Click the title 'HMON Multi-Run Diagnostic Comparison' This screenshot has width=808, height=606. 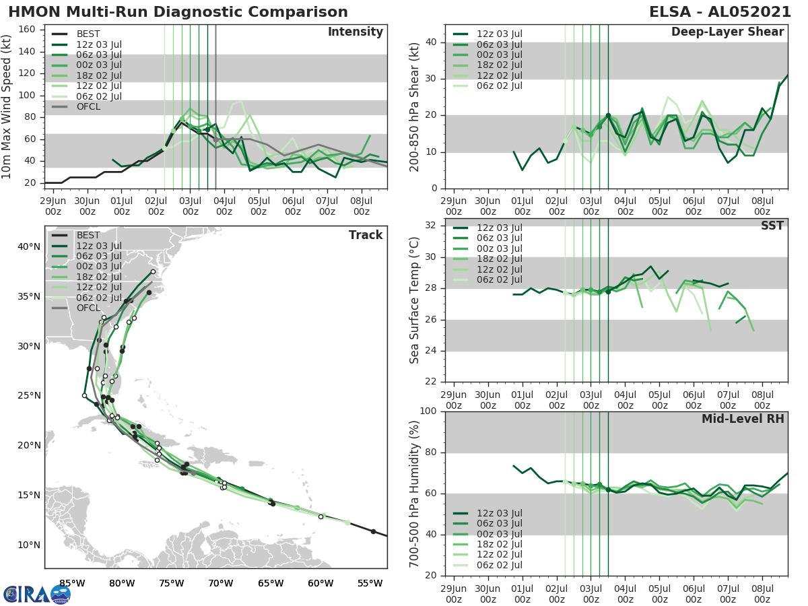(x=178, y=12)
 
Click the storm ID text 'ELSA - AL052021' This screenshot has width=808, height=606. (x=720, y=12)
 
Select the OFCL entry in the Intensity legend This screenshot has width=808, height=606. (x=90, y=106)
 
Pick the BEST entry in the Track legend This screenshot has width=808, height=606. (x=90, y=235)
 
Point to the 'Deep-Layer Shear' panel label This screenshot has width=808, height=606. (x=727, y=32)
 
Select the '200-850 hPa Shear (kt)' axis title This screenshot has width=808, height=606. (x=415, y=106)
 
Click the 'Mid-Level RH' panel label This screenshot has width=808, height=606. (x=742, y=419)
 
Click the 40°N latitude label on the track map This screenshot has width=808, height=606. (x=29, y=247)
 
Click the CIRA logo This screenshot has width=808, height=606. (x=37, y=594)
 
